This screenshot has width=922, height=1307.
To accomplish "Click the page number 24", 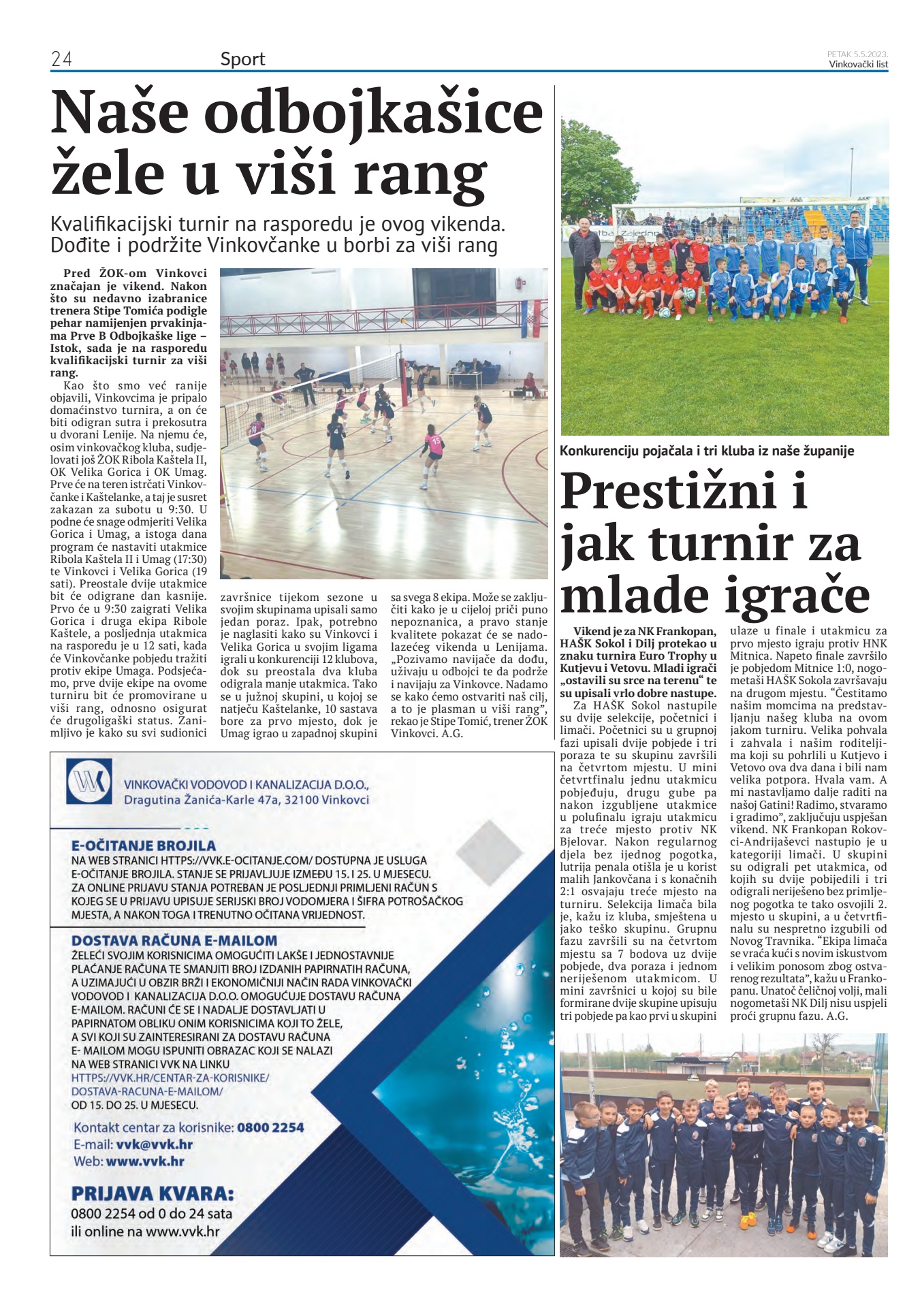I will [x=61, y=59].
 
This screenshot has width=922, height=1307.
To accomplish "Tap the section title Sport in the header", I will [x=242, y=59].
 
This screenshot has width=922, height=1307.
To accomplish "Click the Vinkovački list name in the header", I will [x=858, y=65].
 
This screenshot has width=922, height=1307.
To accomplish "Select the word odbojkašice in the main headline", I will [x=373, y=114].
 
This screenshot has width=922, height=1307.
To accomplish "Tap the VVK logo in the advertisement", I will [x=89, y=782].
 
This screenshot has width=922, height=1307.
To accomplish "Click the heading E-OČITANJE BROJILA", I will [x=144, y=846].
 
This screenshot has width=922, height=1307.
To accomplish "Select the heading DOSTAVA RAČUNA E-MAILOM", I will [x=174, y=940].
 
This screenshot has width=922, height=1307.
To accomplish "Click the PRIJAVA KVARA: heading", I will [x=153, y=1193].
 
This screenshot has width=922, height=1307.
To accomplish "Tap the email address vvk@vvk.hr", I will [x=154, y=1144].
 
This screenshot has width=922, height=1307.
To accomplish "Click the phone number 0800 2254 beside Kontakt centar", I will [x=270, y=1127].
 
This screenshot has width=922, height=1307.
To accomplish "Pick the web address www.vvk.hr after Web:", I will [x=145, y=1161].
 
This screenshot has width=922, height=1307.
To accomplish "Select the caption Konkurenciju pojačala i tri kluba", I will [x=706, y=451].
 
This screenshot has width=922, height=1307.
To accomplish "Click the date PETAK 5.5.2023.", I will [x=857, y=54].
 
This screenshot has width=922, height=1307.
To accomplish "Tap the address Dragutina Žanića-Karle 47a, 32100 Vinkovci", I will [x=247, y=800].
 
